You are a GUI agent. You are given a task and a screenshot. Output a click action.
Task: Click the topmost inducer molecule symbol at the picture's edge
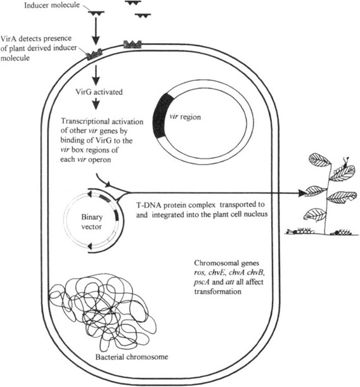[132, 3]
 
